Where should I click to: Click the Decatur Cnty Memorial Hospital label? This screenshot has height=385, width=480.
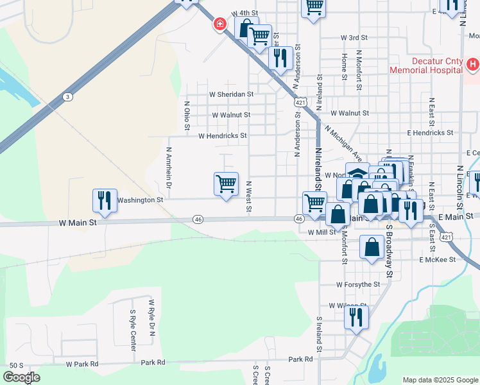(x=425, y=65)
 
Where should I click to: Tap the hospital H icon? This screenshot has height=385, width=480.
(x=472, y=64)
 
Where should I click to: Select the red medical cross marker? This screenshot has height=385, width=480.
(x=220, y=24)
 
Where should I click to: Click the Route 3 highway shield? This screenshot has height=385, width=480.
(x=67, y=96)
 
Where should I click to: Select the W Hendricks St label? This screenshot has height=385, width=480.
(x=222, y=136)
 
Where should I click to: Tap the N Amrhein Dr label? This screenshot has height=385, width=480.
(x=169, y=167)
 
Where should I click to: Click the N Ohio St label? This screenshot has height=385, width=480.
(x=187, y=116)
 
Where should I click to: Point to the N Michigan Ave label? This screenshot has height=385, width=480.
(x=344, y=143)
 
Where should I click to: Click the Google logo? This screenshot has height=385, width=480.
(x=21, y=377)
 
